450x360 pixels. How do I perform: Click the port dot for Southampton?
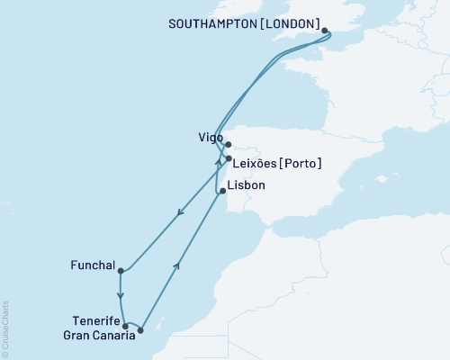(x=325, y=30)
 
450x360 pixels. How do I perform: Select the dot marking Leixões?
(x=229, y=159)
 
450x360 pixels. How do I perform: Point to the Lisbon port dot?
(x=222, y=191)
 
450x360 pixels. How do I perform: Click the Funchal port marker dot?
(x=120, y=270)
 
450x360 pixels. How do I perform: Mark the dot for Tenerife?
(x=125, y=327)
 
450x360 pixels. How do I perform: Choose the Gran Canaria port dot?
(x=140, y=330)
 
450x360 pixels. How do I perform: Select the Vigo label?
(x=210, y=139)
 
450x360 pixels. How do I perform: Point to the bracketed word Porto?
(x=302, y=163)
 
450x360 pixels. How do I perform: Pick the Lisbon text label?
(x=248, y=185)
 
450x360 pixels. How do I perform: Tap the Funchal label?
(x=92, y=265)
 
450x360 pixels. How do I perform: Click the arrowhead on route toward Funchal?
(x=181, y=213)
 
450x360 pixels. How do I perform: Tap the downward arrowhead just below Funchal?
(x=120, y=294)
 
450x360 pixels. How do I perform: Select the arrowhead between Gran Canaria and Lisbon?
(x=177, y=264)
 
